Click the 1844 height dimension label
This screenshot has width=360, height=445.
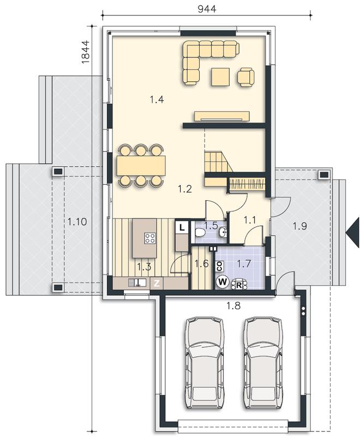click(85, 52)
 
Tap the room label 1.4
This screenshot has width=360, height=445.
click(157, 100)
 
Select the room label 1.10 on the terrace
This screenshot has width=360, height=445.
click(77, 221)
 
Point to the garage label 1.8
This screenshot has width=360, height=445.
click(233, 305)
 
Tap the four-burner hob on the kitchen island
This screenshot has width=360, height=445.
click(150, 238)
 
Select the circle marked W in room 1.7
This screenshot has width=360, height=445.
click(223, 282)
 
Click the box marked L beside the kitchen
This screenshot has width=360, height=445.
click(182, 227)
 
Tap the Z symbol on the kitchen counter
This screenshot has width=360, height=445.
click(157, 283)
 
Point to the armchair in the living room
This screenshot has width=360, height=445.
click(245, 77)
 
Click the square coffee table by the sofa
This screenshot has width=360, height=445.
click(220, 77)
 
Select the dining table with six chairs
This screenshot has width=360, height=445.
click(141, 165)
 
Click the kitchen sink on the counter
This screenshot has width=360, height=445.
click(137, 282)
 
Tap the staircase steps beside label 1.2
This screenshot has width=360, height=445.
click(218, 161)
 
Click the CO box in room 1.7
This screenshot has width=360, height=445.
click(219, 266)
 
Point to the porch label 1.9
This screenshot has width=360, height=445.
click(300, 226)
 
